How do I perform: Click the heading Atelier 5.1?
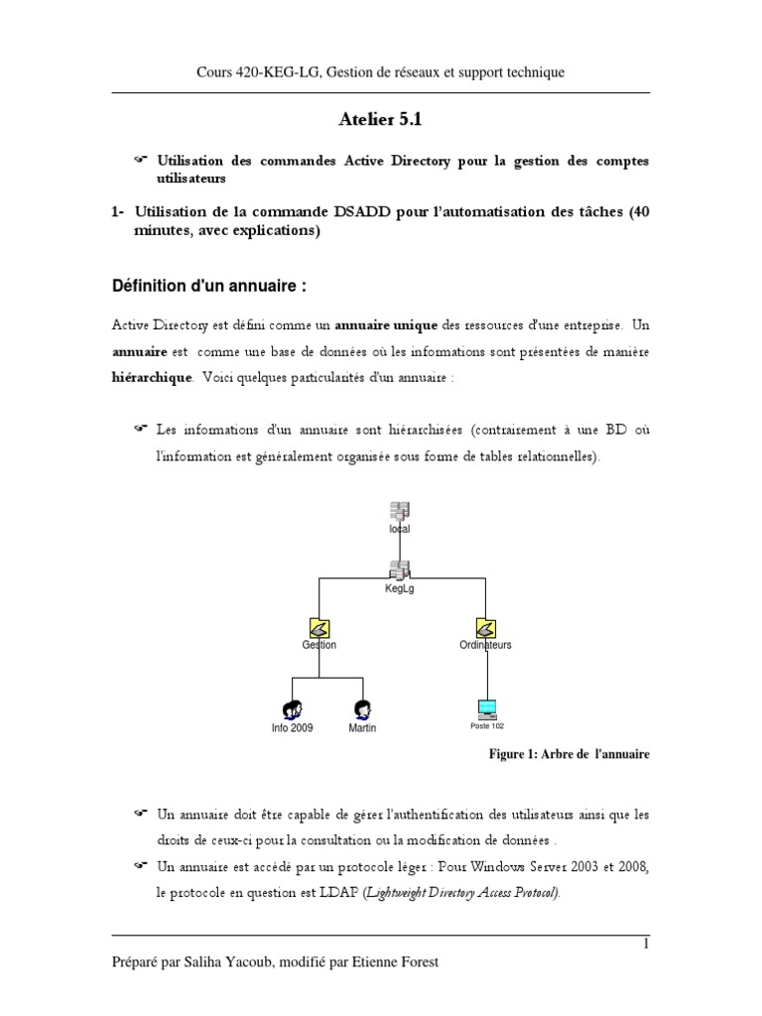pyautogui.click(x=381, y=121)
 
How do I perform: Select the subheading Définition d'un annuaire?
pyautogui.click(x=207, y=287)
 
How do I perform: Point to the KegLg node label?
pyautogui.click(x=399, y=588)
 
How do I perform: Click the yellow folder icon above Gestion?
pyautogui.click(x=318, y=628)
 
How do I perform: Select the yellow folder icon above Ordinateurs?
pyautogui.click(x=486, y=628)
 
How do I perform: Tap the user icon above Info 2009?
pyautogui.click(x=292, y=708)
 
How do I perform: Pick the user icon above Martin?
pyautogui.click(x=362, y=708)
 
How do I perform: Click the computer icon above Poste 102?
pyautogui.click(x=486, y=708)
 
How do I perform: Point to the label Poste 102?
pyautogui.click(x=486, y=726)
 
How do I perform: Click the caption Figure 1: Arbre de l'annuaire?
pyautogui.click(x=570, y=755)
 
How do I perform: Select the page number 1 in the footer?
pyautogui.click(x=646, y=944)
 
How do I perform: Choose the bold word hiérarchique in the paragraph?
pyautogui.click(x=151, y=378)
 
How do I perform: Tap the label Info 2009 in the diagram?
pyautogui.click(x=292, y=728)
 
